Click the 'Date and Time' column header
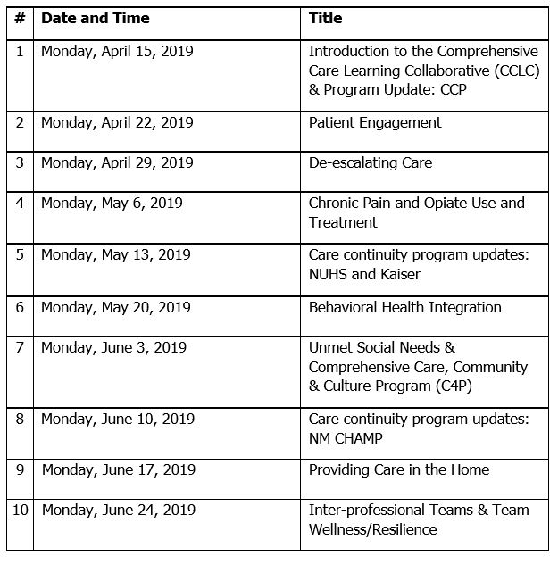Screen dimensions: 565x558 [x=96, y=18]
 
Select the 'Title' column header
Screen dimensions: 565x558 [x=325, y=18]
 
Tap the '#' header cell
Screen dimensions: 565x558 [x=20, y=18]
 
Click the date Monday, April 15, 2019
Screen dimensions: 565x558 [x=117, y=51]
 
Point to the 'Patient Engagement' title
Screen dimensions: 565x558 [x=375, y=122]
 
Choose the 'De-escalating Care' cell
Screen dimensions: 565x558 [x=370, y=162]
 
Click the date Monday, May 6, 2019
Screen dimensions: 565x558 [x=112, y=203]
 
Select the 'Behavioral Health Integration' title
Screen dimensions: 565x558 [x=404, y=307]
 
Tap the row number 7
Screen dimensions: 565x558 [x=20, y=347]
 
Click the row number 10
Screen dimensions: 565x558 [x=20, y=510]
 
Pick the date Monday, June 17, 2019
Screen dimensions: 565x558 [x=118, y=469]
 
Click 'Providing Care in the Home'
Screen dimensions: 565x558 [x=399, y=469]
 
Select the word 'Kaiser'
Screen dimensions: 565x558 [x=400, y=274]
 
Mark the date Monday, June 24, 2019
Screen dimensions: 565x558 [x=119, y=510]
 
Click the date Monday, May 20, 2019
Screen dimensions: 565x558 [x=116, y=307]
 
